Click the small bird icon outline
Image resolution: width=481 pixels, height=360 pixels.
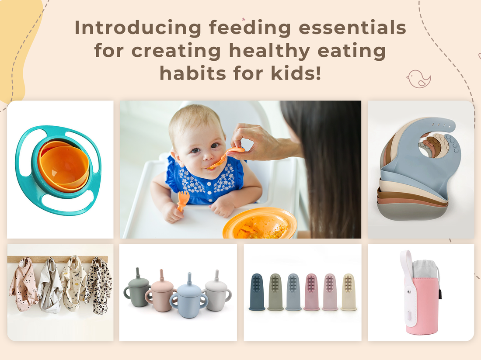click(418, 79)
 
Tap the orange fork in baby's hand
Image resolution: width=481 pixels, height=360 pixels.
click(183, 200)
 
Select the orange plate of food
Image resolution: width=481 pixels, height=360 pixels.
click(260, 223)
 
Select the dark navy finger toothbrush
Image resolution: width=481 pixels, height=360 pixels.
click(257, 292)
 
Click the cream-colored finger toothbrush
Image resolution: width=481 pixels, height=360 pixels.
click(349, 292)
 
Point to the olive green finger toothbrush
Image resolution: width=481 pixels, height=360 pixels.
click(275, 292)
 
